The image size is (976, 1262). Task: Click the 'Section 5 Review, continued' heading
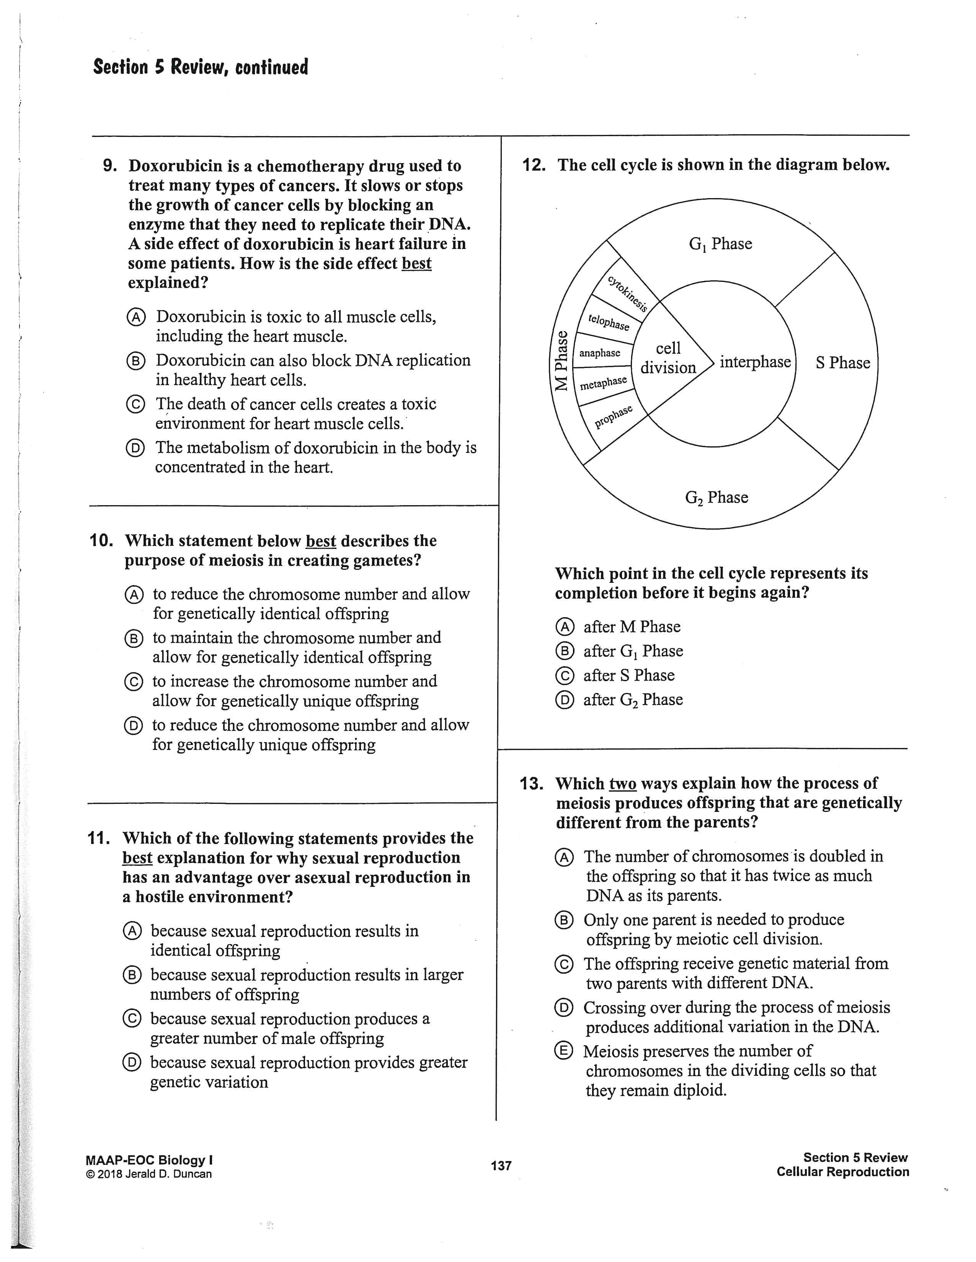(200, 67)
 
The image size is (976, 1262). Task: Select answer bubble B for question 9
(135, 361)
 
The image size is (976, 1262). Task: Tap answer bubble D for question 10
(132, 726)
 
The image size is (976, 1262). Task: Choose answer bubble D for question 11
(131, 1063)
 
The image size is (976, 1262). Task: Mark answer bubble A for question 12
(564, 627)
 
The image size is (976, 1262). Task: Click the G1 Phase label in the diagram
(720, 244)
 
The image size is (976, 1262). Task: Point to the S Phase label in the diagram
(842, 363)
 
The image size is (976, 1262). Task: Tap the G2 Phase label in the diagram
(716, 498)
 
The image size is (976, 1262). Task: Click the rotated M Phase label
(561, 361)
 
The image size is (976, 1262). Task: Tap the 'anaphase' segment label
(600, 353)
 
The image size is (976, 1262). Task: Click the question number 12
(534, 165)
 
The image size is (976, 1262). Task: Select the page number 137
(501, 1166)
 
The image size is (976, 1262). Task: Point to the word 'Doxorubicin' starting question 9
(175, 166)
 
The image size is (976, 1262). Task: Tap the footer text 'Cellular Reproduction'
(842, 1172)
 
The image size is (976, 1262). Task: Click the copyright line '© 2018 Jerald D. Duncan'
(149, 1174)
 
